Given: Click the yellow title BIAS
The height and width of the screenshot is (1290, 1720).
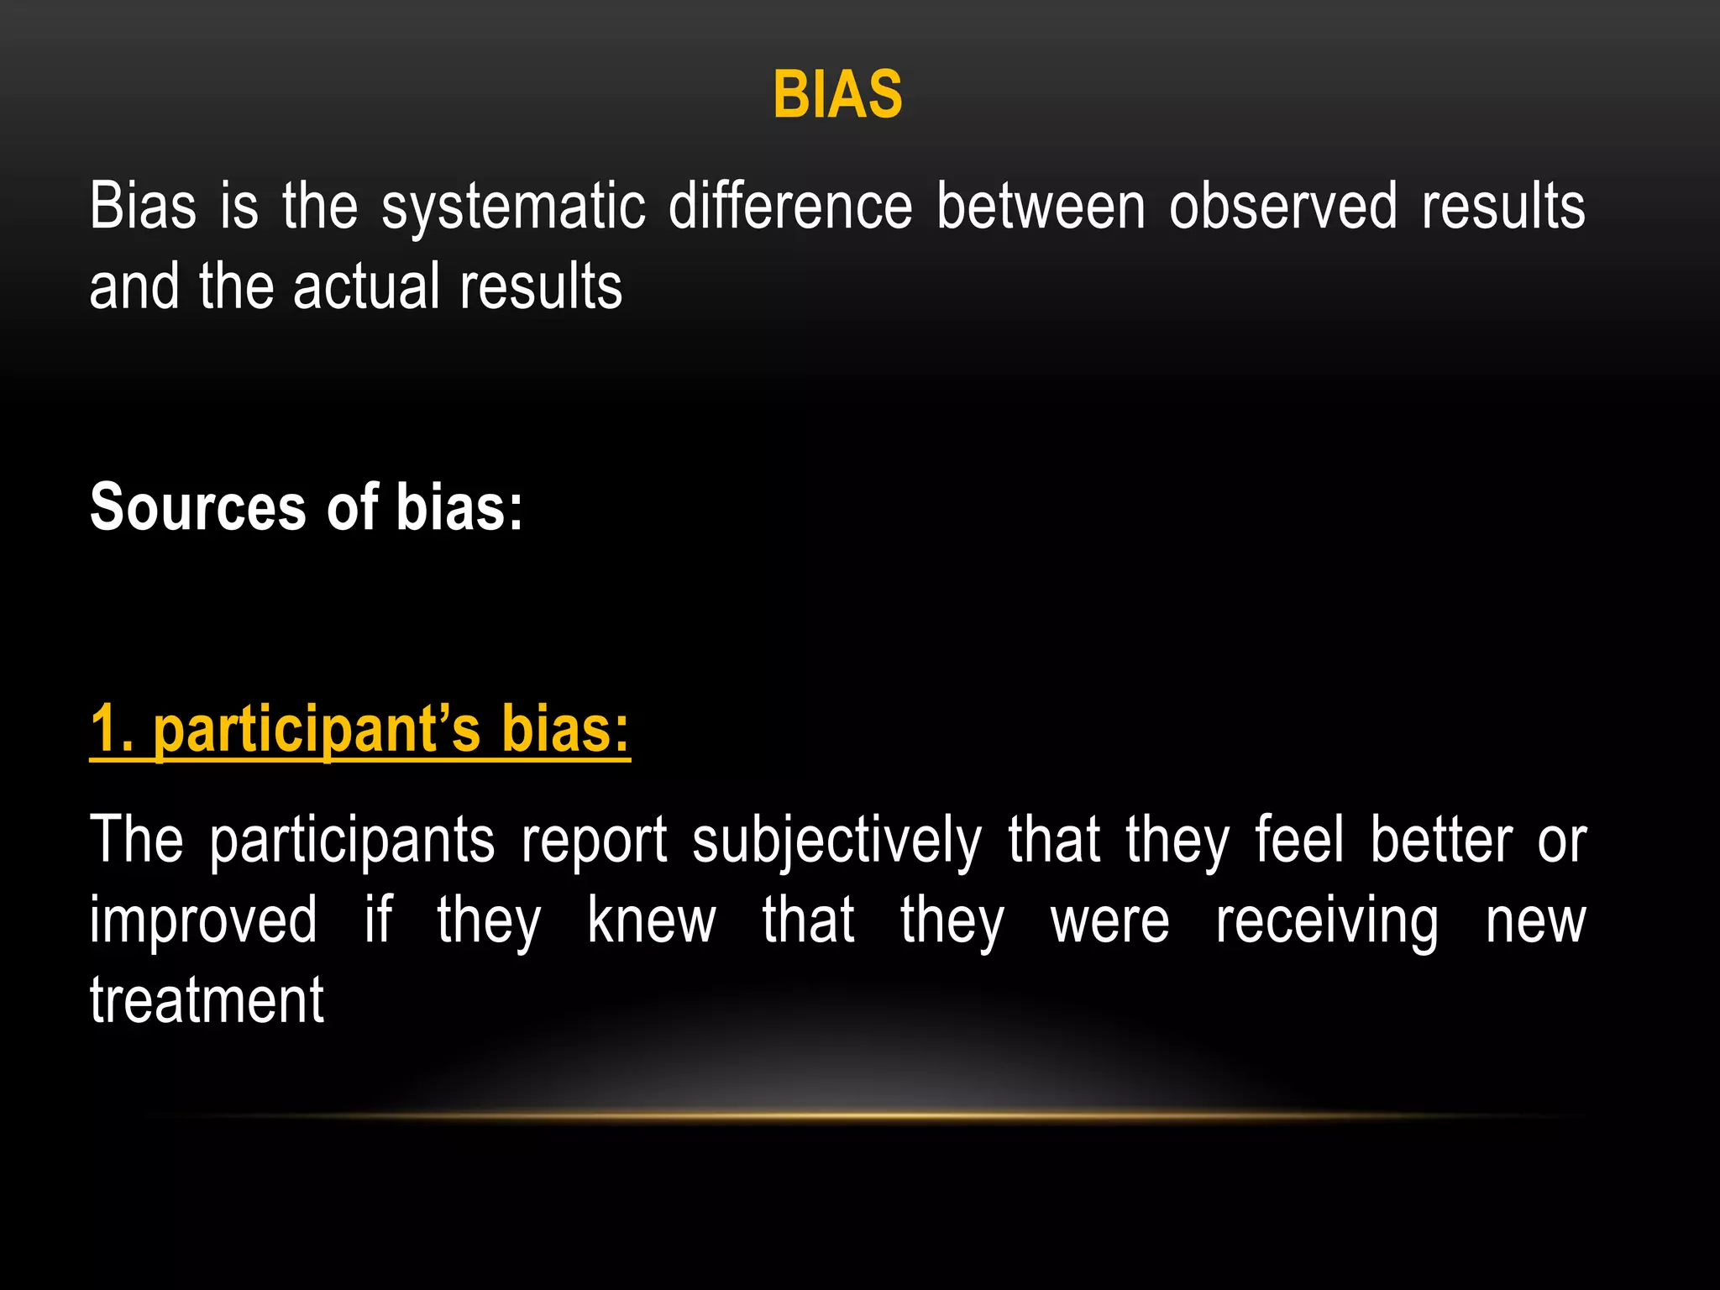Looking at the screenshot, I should click(x=837, y=94).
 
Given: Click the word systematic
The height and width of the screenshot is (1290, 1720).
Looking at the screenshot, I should click(x=514, y=207).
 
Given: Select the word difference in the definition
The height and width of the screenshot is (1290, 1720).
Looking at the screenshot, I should click(x=790, y=207).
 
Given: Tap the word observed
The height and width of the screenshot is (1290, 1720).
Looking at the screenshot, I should click(x=1283, y=207).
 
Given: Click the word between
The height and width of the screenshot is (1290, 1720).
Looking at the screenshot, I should click(x=1041, y=207).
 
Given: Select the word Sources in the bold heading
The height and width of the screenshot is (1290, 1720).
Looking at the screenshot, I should click(x=198, y=507).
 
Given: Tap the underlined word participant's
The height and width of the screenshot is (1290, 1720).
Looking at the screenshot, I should click(x=317, y=730).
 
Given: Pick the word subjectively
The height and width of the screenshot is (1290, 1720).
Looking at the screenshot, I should click(x=836, y=841).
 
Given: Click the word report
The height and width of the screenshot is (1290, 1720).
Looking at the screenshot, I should click(x=595, y=841).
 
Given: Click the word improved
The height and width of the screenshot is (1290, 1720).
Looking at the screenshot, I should click(x=204, y=920).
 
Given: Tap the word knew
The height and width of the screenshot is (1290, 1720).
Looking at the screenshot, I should click(x=651, y=920).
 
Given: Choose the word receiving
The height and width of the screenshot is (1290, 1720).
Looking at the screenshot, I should click(x=1327, y=922).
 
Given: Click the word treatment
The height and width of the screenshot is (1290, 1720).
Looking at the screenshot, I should click(x=207, y=1000).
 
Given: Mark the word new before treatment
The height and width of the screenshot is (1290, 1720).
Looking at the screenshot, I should click(x=1535, y=922).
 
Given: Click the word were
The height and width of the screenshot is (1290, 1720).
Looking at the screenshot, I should click(x=1109, y=922).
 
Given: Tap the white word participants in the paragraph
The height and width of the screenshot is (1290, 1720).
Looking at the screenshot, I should click(x=352, y=841).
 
